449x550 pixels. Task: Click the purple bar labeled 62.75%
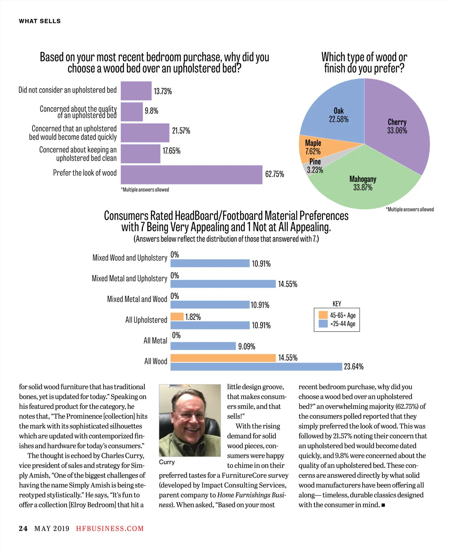191,175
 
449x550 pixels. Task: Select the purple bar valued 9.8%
132,112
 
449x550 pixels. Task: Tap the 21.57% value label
181,131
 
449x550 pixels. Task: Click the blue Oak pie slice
337,112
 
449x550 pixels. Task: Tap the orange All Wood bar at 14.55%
223,358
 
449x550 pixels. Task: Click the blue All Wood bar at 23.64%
256,366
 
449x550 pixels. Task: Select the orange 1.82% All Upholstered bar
177,317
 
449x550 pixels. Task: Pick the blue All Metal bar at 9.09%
203,346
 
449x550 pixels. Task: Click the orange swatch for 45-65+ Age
323,315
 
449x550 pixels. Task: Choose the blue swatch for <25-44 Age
323,324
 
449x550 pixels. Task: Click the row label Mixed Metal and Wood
137,299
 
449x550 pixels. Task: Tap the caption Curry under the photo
167,462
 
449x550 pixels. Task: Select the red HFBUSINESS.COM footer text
110,529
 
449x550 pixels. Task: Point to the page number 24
23,529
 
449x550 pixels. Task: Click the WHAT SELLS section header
40,21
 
